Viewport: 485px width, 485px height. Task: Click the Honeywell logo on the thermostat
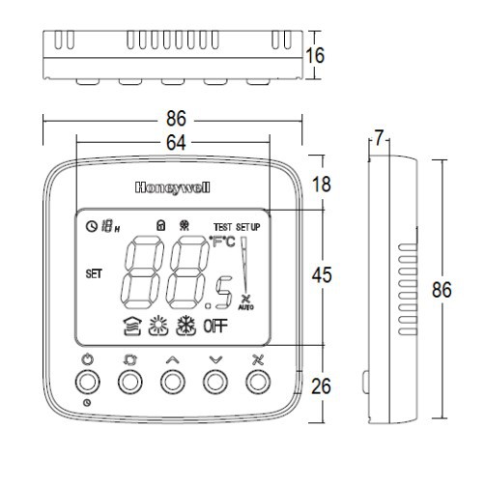coord(173,187)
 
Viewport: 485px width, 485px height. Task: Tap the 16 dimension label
coord(315,56)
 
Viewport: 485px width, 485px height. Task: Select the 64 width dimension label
coord(176,143)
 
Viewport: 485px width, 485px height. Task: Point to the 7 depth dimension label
coord(380,137)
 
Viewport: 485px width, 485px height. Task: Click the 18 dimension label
coord(322,185)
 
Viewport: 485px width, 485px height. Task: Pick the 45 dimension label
coord(322,275)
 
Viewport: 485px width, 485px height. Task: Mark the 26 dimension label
coord(321,386)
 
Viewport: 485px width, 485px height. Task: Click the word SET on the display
coord(94,274)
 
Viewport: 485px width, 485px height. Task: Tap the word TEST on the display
coord(222,227)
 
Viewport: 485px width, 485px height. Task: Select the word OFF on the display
coord(215,327)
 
